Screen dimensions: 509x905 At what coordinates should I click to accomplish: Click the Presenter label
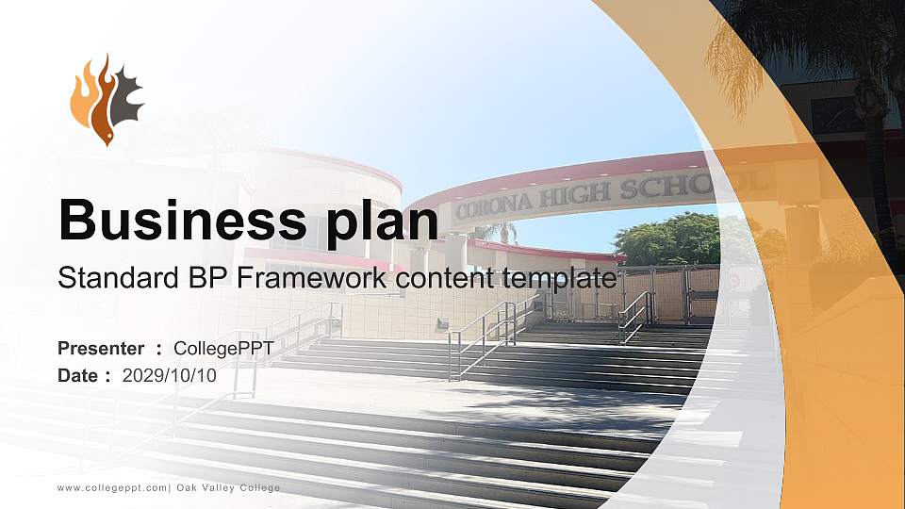click(x=101, y=349)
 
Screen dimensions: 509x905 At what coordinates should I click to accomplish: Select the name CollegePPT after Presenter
click(x=224, y=349)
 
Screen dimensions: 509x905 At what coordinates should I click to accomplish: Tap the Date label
click(x=79, y=375)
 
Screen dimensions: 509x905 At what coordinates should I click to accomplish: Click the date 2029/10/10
click(x=170, y=375)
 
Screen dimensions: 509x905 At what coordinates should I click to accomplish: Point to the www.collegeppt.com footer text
click(x=112, y=487)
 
